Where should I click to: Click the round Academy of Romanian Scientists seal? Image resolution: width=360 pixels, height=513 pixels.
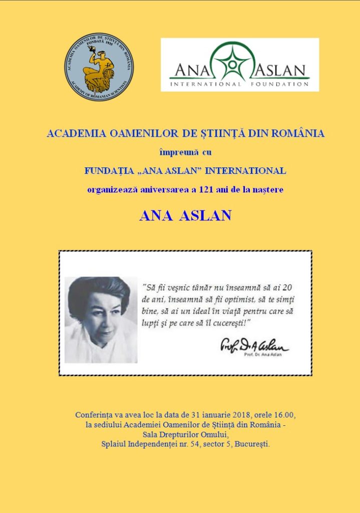click(x=98, y=67)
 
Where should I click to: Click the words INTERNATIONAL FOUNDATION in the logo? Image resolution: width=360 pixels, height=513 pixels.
click(x=240, y=84)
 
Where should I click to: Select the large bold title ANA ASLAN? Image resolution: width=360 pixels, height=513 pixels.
click(x=185, y=215)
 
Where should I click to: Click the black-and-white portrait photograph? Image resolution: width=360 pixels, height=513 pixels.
click(x=101, y=319)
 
